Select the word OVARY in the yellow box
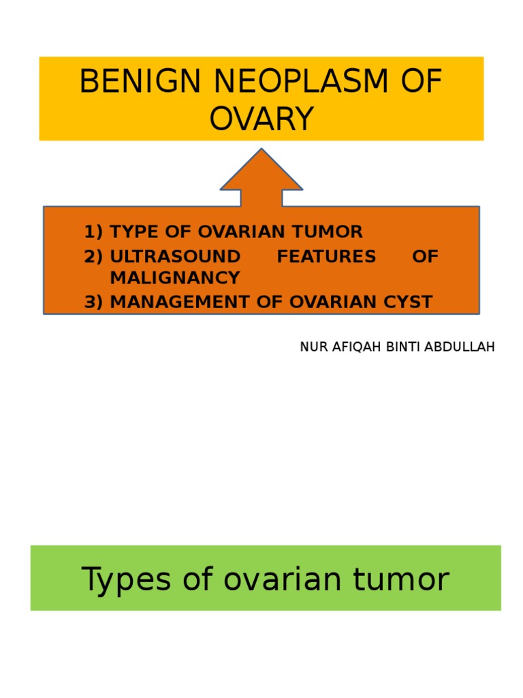coord(261,119)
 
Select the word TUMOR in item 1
coord(333,232)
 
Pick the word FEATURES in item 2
coord(326,256)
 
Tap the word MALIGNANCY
coord(175,278)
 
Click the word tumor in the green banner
coord(408,579)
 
